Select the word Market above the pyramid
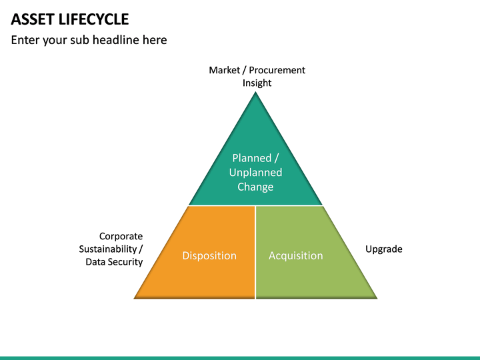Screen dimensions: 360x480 click(224, 70)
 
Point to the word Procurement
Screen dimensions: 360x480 click(277, 70)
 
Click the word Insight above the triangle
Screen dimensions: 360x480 click(257, 83)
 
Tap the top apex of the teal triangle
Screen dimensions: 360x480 click(256, 93)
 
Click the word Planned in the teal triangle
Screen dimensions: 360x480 click(251, 158)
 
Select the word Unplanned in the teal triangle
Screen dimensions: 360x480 click(255, 173)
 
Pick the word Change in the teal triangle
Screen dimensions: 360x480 click(255, 187)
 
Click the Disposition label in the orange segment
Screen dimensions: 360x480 click(209, 256)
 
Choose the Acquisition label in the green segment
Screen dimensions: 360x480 click(295, 256)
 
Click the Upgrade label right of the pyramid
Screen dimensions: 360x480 click(384, 249)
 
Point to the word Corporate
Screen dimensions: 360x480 click(121, 236)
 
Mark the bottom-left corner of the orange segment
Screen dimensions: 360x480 click(136, 297)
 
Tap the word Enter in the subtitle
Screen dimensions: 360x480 click(26, 40)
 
